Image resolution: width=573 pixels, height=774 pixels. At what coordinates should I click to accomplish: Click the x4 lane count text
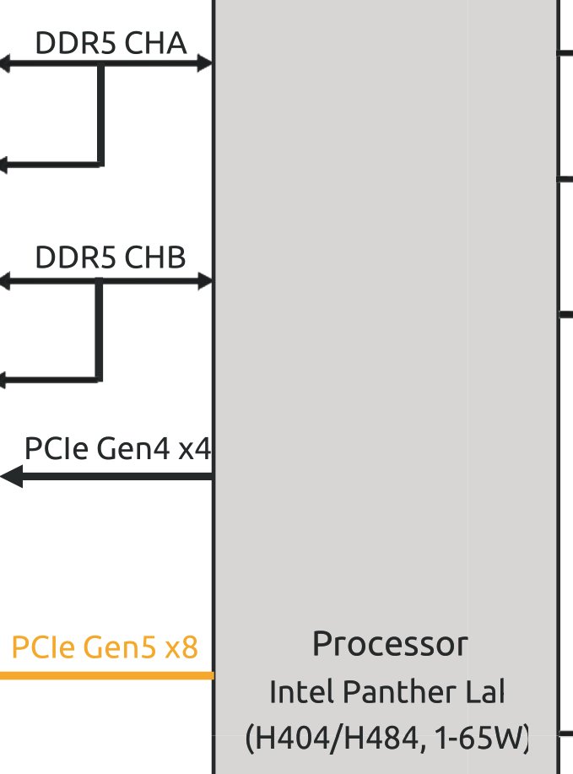(195, 448)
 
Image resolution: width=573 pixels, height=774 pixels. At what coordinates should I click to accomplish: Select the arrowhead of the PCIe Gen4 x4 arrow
(12, 477)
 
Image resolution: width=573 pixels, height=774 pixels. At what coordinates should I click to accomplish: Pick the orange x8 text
(181, 648)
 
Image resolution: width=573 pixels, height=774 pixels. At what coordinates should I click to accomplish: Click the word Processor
(389, 644)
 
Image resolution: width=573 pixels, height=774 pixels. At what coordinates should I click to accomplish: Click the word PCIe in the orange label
(41, 648)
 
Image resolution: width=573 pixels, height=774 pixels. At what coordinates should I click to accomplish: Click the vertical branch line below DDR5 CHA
(100, 114)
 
